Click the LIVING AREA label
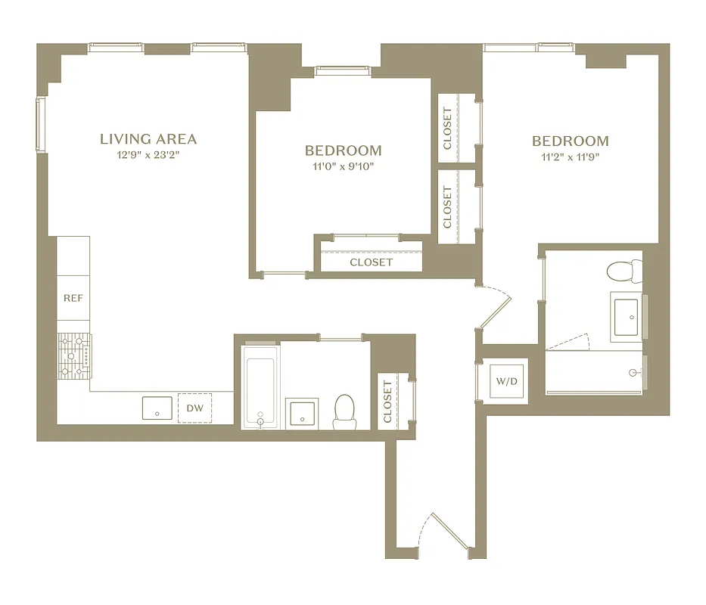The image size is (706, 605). click(x=148, y=139)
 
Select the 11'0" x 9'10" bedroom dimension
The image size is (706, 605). click(x=343, y=166)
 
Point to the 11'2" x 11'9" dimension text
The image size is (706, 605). click(x=570, y=158)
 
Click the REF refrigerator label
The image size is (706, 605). click(x=73, y=298)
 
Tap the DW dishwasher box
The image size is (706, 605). click(x=195, y=408)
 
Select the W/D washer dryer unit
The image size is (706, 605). click(x=506, y=380)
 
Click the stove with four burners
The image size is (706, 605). click(x=74, y=355)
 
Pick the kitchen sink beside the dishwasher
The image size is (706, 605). click(x=157, y=408)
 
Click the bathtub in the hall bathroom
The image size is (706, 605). click(x=260, y=387)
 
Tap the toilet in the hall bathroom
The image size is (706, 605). click(x=345, y=411)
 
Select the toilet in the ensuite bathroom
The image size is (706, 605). click(x=624, y=271)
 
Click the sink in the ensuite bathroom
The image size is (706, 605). click(x=628, y=316)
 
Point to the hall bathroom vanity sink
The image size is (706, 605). click(x=302, y=413)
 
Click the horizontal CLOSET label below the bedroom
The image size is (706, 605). click(x=371, y=262)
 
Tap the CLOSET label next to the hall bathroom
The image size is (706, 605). click(x=388, y=402)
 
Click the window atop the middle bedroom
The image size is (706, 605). click(x=342, y=71)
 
